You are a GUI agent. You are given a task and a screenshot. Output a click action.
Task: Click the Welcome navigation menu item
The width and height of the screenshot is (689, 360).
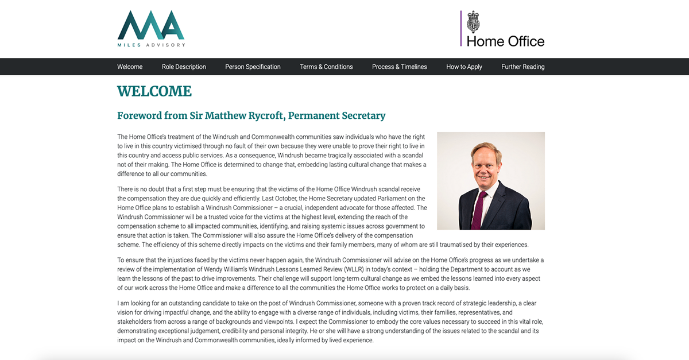(x=130, y=67)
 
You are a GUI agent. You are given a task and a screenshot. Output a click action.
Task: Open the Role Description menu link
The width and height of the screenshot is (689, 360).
(x=184, y=67)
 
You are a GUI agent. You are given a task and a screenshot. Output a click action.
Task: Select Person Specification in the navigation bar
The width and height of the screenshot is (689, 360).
(x=253, y=67)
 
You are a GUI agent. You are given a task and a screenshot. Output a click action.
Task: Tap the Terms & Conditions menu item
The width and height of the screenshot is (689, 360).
(x=326, y=67)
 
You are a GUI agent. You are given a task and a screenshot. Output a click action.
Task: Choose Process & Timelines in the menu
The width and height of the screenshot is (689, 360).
(x=400, y=67)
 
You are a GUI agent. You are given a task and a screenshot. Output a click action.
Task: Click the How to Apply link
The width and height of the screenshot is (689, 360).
(x=464, y=67)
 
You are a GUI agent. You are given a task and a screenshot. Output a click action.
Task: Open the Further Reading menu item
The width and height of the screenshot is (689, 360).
(x=522, y=67)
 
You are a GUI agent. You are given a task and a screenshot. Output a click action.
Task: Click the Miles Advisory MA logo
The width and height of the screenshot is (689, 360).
(x=151, y=25)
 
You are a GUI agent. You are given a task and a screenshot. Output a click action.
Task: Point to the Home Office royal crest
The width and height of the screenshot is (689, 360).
(x=473, y=22)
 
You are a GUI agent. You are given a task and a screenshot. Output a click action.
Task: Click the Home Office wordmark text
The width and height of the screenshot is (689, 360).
(x=505, y=41)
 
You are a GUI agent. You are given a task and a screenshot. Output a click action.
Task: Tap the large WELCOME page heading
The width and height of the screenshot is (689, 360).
(x=154, y=91)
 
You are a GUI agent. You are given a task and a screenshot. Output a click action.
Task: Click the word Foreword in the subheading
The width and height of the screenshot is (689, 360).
(x=140, y=115)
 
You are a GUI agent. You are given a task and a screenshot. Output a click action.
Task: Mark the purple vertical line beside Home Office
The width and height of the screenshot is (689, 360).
(x=460, y=28)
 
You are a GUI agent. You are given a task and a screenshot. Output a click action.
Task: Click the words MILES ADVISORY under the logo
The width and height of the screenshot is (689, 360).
(x=151, y=45)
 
